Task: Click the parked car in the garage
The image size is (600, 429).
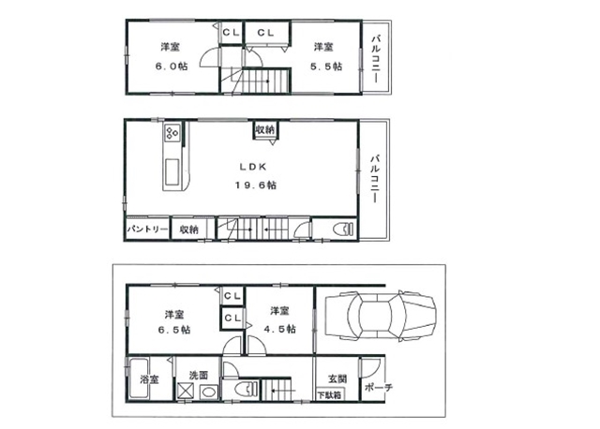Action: [380, 315]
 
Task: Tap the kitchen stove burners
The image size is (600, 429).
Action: [172, 133]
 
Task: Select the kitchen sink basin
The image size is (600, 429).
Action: [172, 171]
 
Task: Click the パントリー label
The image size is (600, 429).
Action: [147, 229]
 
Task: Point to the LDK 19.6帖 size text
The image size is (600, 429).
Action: [255, 185]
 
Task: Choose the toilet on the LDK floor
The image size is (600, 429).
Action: [344, 229]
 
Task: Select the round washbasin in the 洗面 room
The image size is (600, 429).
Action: [209, 392]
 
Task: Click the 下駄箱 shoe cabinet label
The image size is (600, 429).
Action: [329, 395]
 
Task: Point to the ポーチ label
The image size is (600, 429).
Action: [379, 388]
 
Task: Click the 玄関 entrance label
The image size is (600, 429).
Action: [337, 379]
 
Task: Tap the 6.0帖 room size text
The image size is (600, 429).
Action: [172, 67]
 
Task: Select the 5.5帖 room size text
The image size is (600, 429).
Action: [326, 67]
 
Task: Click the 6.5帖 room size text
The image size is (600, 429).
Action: [174, 330]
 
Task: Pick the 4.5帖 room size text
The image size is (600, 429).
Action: [280, 329]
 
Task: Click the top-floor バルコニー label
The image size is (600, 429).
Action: [376, 58]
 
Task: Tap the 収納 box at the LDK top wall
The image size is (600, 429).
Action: [265, 129]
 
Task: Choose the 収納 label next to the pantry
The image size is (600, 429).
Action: [189, 229]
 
